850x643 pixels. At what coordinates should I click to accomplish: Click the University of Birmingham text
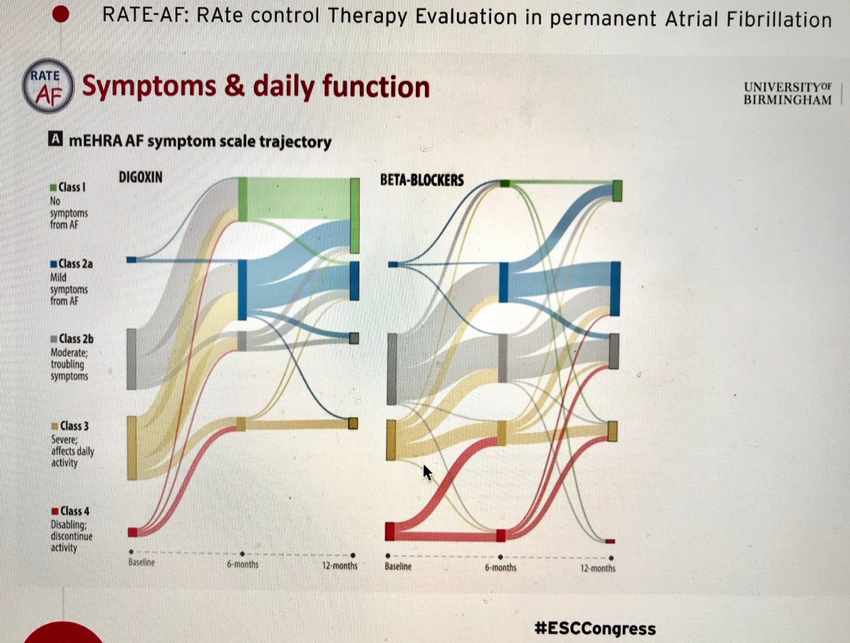tap(786, 92)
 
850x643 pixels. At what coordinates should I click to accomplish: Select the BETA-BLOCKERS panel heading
tap(422, 180)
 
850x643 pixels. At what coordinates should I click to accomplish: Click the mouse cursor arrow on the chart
tap(427, 472)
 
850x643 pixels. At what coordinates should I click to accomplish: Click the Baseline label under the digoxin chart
tap(141, 564)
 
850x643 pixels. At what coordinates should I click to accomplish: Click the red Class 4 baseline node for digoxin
tap(132, 532)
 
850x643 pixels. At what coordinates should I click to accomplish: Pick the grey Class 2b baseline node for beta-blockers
tap(391, 368)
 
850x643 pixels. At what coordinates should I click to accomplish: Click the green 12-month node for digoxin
tap(355, 215)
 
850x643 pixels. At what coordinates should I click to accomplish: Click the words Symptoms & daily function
tap(256, 87)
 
